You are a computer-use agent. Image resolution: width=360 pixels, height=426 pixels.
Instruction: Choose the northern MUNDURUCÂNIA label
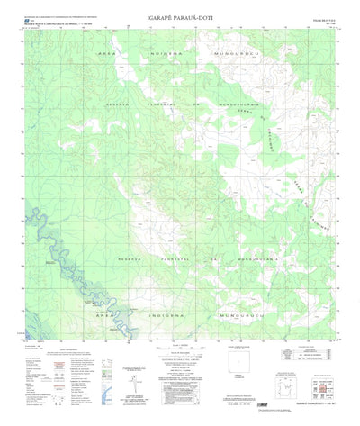236,104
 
